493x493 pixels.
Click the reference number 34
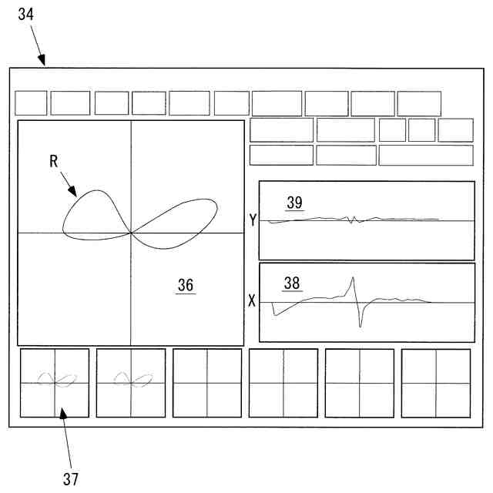(x=26, y=14)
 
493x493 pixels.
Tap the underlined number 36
(x=185, y=285)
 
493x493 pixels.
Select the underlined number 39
(x=294, y=203)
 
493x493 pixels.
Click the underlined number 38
(x=293, y=283)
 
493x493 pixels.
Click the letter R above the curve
(x=54, y=161)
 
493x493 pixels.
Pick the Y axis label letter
(x=253, y=220)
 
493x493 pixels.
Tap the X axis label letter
(x=252, y=301)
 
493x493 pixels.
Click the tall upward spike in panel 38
(x=352, y=279)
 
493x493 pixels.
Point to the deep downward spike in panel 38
(x=360, y=326)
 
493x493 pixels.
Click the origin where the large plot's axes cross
(x=131, y=233)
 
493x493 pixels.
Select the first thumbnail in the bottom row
(x=55, y=383)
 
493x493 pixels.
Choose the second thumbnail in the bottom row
(x=131, y=383)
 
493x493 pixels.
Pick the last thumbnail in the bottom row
(x=436, y=383)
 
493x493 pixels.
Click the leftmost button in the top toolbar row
(x=31, y=103)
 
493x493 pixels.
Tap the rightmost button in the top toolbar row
(x=419, y=103)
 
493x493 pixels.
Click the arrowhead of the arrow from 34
(x=45, y=65)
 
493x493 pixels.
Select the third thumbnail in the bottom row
(x=207, y=383)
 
